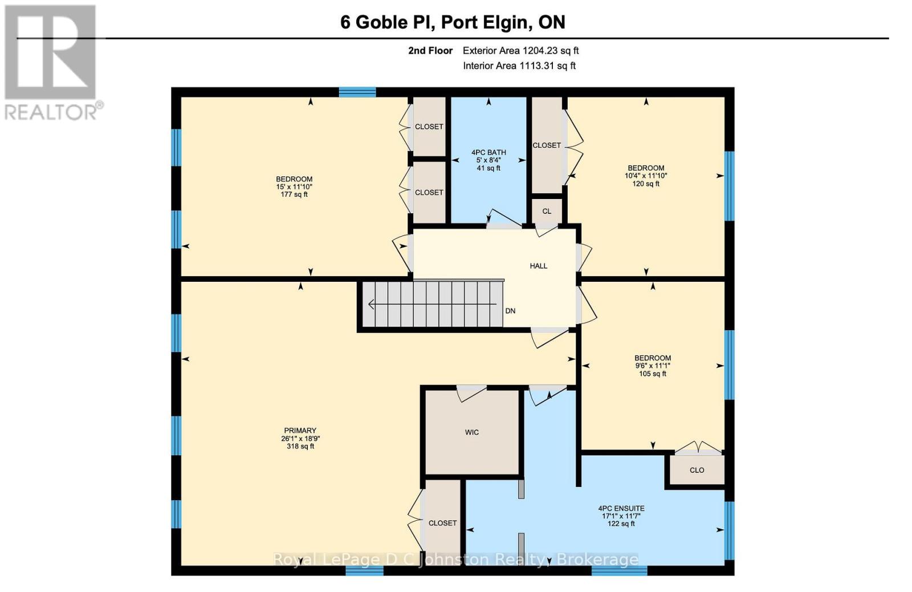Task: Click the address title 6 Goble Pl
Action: click(453, 22)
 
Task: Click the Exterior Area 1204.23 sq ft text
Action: click(520, 50)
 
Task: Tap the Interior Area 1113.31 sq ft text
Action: click(519, 66)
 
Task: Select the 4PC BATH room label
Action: click(488, 152)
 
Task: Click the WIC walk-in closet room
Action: click(472, 432)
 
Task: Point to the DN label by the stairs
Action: click(510, 311)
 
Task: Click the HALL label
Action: click(538, 266)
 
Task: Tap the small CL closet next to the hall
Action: click(547, 211)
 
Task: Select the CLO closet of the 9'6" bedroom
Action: click(697, 470)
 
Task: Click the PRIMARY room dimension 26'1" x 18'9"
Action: click(300, 439)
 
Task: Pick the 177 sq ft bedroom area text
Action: click(294, 194)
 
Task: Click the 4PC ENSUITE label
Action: click(621, 508)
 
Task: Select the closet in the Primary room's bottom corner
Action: click(442, 522)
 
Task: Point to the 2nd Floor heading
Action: click(430, 50)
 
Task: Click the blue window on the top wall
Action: click(357, 92)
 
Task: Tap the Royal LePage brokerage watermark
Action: click(456, 559)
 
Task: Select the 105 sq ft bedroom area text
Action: click(653, 374)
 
